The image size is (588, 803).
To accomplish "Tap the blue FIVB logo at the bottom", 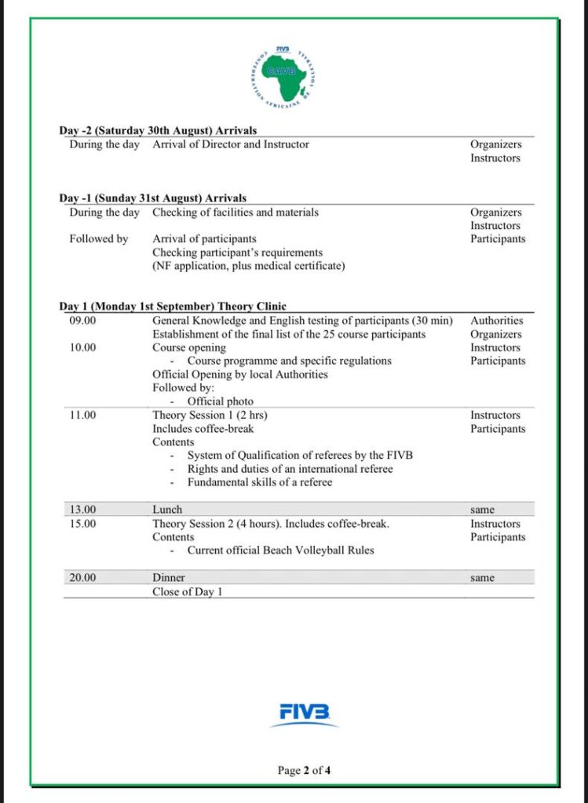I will (x=304, y=713).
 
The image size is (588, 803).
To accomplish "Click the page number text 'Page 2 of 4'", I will (x=304, y=770).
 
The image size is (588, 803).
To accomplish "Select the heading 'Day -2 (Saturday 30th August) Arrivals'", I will (x=158, y=130).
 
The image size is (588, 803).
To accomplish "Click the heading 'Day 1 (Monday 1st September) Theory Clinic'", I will (x=173, y=307).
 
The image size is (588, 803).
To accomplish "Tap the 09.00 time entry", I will (x=82, y=321).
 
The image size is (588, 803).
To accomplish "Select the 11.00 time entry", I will (x=82, y=416).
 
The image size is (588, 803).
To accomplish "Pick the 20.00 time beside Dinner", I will (x=82, y=578).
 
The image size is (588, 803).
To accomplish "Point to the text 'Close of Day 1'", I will (x=187, y=592).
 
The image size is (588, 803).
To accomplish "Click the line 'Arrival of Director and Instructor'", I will (x=231, y=144).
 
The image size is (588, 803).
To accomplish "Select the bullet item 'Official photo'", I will (x=220, y=401).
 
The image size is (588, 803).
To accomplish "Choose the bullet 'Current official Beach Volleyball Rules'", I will (x=280, y=550).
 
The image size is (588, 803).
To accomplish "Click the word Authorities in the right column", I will (x=496, y=321).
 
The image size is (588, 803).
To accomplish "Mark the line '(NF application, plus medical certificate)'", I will (x=248, y=266).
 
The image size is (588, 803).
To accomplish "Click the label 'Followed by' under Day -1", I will (x=98, y=239).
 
